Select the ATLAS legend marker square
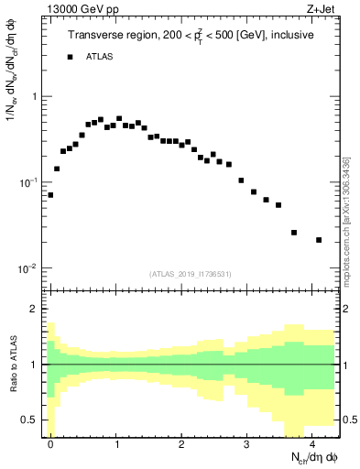tap(70, 57)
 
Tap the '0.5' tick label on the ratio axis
tap(30, 420)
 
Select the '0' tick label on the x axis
tap(50, 443)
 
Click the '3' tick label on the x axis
tap(247, 443)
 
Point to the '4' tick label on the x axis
tap(312, 443)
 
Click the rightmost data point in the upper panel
tap(318, 240)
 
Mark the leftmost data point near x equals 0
tap(50, 195)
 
